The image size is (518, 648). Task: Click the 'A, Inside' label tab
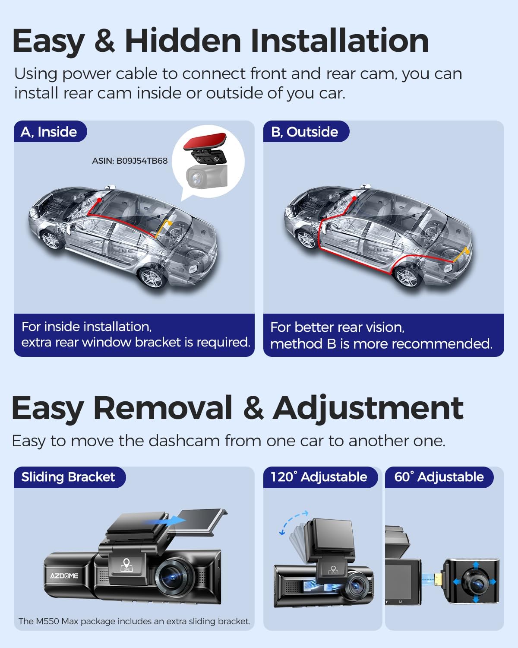coord(49,132)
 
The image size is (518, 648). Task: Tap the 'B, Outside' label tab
coord(305,132)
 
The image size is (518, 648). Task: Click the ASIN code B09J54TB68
coord(129,161)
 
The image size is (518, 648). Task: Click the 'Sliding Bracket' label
coord(68,477)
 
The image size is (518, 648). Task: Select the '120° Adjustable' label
coord(319,477)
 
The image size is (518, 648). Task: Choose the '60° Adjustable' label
coord(439,477)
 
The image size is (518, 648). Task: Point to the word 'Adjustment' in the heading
coord(368,408)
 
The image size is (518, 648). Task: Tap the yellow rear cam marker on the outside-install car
coord(465,254)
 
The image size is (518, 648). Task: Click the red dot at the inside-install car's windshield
coord(99,200)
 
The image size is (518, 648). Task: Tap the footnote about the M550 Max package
coord(134,621)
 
